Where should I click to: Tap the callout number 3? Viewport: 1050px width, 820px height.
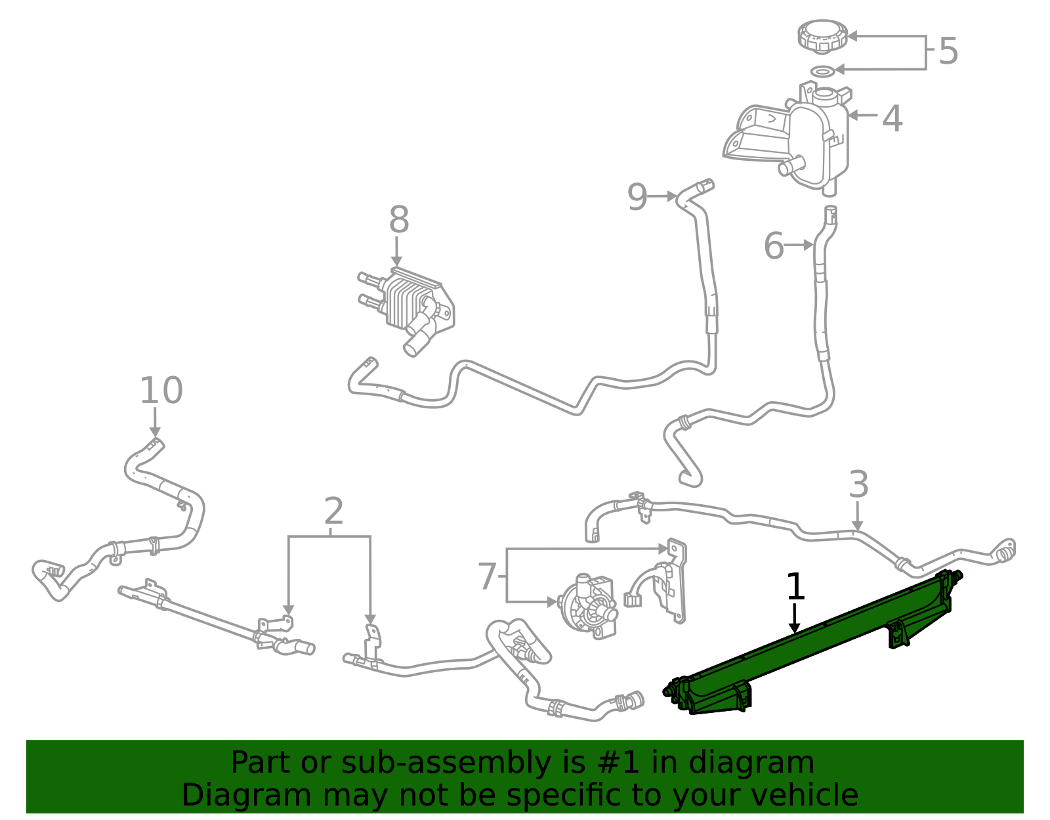click(x=858, y=485)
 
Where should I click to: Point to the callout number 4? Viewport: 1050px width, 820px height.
click(x=892, y=119)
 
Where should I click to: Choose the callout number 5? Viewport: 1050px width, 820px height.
click(x=948, y=51)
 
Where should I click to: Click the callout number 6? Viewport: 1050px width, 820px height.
click(x=774, y=246)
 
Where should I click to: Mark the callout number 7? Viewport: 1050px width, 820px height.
click(x=486, y=576)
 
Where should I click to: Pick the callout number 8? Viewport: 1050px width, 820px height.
click(x=399, y=220)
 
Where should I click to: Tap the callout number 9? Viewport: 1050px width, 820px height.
click(x=637, y=196)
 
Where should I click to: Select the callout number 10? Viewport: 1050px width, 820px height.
click(x=161, y=391)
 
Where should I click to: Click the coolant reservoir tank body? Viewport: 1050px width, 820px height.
click(x=817, y=141)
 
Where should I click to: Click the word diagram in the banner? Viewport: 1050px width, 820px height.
click(x=766, y=763)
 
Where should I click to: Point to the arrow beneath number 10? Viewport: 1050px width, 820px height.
click(x=156, y=421)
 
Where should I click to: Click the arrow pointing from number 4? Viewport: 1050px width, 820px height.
click(x=863, y=115)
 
